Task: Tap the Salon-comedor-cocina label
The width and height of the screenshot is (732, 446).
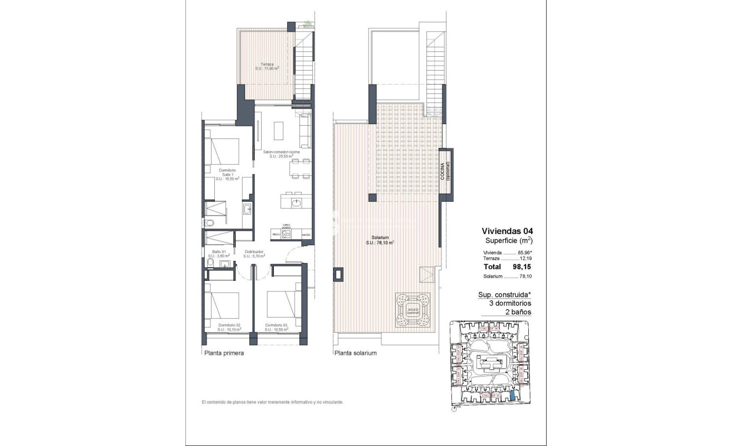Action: [282, 154]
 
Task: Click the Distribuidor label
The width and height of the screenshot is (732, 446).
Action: [254, 254]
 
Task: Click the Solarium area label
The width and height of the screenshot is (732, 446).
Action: [380, 240]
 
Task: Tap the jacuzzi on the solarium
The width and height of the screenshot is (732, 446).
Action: [412, 310]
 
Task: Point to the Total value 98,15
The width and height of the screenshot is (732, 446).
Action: [522, 266]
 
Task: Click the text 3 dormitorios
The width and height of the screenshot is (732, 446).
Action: [510, 304]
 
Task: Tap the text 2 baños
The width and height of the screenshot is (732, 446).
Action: [518, 312]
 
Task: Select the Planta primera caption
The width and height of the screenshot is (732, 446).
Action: [224, 353]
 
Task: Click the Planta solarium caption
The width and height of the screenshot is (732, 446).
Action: [356, 353]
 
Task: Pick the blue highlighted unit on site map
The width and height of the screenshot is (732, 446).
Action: [513, 395]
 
